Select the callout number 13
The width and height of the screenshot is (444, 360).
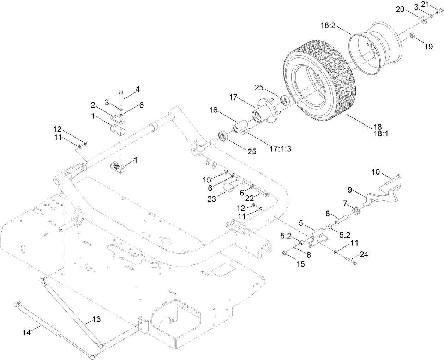[x=96, y=319]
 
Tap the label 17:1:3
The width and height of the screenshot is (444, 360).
[x=281, y=139]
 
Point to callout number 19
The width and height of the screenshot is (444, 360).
[x=428, y=46]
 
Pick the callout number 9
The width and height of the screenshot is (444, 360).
[x=350, y=190]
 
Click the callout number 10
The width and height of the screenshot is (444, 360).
[x=376, y=172]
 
